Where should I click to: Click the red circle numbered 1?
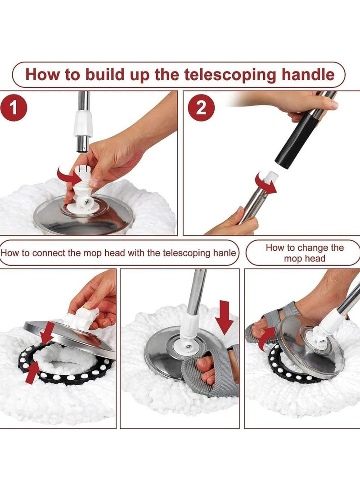click(13, 108)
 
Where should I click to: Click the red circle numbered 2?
click(201, 108)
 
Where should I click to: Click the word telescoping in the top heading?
click(230, 75)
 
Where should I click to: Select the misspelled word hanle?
click(225, 253)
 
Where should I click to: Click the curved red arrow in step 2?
click(265, 183)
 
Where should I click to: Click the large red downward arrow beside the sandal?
click(225, 317)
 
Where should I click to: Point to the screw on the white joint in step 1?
click(86, 203)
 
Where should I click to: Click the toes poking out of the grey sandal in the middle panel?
click(205, 370)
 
